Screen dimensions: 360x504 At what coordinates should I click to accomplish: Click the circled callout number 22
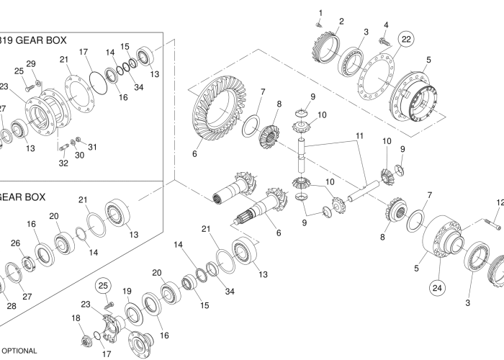[x=406, y=40]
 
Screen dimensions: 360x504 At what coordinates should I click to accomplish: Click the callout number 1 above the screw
[x=320, y=13]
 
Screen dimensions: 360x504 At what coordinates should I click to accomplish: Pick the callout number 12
[x=499, y=203]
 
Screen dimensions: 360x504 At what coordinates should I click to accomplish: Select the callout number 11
[x=359, y=136]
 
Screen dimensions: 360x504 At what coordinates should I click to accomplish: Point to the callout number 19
[x=126, y=292]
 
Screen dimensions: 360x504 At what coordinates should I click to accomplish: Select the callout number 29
[x=31, y=63]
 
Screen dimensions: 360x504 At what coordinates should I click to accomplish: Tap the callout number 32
[x=63, y=163]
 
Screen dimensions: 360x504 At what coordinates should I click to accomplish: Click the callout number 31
[x=91, y=147]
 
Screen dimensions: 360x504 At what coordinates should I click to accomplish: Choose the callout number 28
[x=11, y=306]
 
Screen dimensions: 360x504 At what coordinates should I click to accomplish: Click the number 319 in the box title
[x=7, y=40]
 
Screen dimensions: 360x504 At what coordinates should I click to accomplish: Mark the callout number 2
[x=341, y=21]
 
